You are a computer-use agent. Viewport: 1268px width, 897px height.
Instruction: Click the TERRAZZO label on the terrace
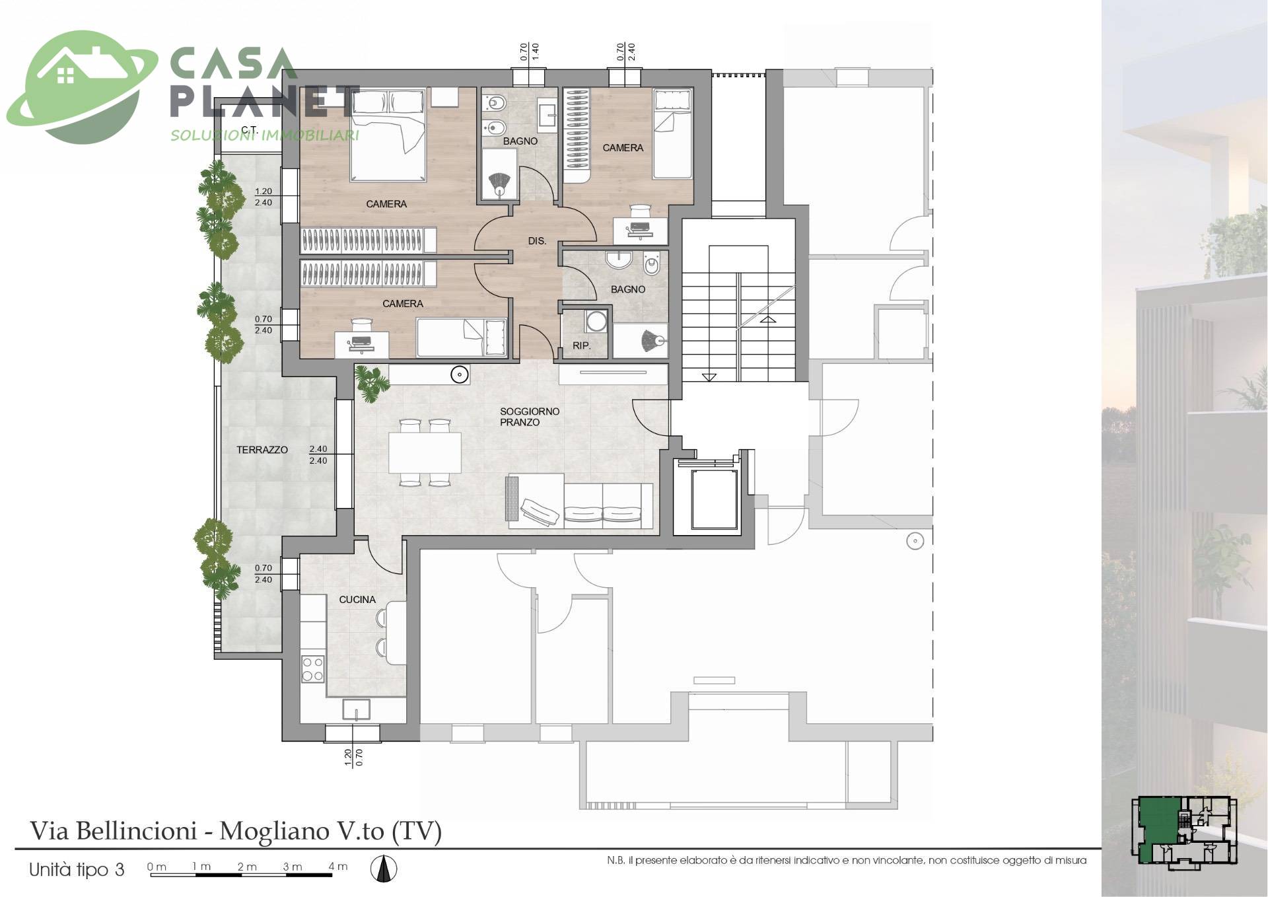coord(262,450)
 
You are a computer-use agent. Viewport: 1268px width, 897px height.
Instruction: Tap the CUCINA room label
coord(357,600)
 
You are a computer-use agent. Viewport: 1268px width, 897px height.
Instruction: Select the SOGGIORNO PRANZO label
coord(530,417)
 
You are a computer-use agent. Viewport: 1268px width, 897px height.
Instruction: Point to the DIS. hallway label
coord(537,241)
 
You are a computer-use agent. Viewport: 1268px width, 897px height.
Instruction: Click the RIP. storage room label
coord(581,345)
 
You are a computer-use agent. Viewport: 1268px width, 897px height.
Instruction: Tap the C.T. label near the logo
coord(249,129)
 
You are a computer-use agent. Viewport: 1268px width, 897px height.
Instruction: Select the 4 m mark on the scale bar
coord(338,867)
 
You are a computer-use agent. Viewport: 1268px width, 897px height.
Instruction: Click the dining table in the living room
coord(425,452)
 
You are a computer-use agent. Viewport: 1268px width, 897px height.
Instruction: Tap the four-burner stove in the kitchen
coord(312,668)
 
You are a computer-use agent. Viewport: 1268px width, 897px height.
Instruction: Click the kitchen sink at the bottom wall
coord(357,710)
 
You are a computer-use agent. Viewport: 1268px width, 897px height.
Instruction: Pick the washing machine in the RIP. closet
coord(596,321)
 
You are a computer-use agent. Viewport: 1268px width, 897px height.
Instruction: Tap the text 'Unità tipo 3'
coord(77,870)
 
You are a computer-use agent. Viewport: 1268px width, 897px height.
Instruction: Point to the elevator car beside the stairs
coord(713,499)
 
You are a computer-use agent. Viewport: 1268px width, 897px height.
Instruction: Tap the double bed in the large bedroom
coord(388,135)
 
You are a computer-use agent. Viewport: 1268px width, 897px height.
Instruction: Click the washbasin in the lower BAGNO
coord(619,260)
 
